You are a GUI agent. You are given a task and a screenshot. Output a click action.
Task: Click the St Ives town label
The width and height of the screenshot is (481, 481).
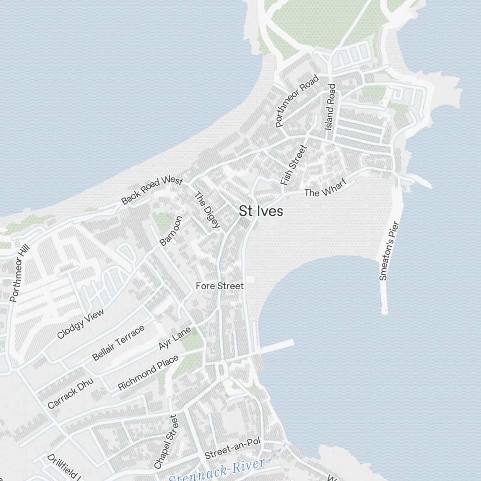(x=261, y=211)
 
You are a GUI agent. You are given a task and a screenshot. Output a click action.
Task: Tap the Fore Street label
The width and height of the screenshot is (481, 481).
(x=219, y=286)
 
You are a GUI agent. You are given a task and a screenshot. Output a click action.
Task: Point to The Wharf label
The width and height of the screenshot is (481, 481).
(x=325, y=192)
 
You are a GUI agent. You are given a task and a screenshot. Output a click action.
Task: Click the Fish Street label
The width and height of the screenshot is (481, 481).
(x=293, y=165)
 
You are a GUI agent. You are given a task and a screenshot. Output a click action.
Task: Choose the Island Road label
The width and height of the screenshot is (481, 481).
(x=330, y=107)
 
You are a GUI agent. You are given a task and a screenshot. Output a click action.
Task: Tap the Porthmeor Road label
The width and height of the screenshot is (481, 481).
(x=297, y=101)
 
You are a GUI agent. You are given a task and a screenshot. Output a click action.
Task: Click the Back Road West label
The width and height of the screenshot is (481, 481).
(x=152, y=190)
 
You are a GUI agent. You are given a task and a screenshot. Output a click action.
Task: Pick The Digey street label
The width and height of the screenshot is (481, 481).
(x=207, y=210)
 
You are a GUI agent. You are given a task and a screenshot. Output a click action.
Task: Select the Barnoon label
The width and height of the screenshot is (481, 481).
(x=171, y=231)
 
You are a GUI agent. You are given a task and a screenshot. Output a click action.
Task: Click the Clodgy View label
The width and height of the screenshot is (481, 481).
(x=80, y=324)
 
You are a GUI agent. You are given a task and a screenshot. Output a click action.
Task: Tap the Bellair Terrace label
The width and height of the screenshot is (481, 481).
(x=118, y=343)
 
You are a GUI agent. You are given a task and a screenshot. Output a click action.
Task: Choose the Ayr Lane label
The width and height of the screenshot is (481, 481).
(x=175, y=339)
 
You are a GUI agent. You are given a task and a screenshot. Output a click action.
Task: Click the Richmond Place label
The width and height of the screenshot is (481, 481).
(x=148, y=372)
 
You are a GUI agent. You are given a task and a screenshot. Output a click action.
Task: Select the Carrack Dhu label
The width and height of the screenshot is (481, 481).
(x=70, y=393)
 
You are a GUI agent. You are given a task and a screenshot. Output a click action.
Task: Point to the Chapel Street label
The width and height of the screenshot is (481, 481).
(x=166, y=442)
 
